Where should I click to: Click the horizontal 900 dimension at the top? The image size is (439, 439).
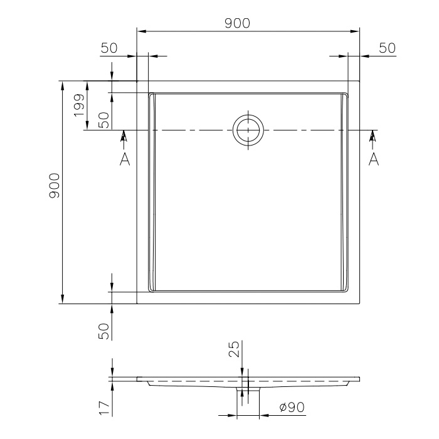(238, 23)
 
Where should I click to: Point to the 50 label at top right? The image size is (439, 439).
(387, 48)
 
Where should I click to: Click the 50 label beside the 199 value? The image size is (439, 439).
(105, 120)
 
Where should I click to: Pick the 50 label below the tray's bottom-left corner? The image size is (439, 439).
(105, 331)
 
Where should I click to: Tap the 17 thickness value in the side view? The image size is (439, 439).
(105, 408)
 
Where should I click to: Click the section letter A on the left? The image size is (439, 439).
(124, 159)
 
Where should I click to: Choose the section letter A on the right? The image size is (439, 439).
(374, 159)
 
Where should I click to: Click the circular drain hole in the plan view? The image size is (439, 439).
(249, 130)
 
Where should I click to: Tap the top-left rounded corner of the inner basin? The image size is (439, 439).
(151, 95)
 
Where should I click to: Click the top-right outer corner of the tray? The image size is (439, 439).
(359, 82)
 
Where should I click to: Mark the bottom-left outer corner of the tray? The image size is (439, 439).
(137, 304)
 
